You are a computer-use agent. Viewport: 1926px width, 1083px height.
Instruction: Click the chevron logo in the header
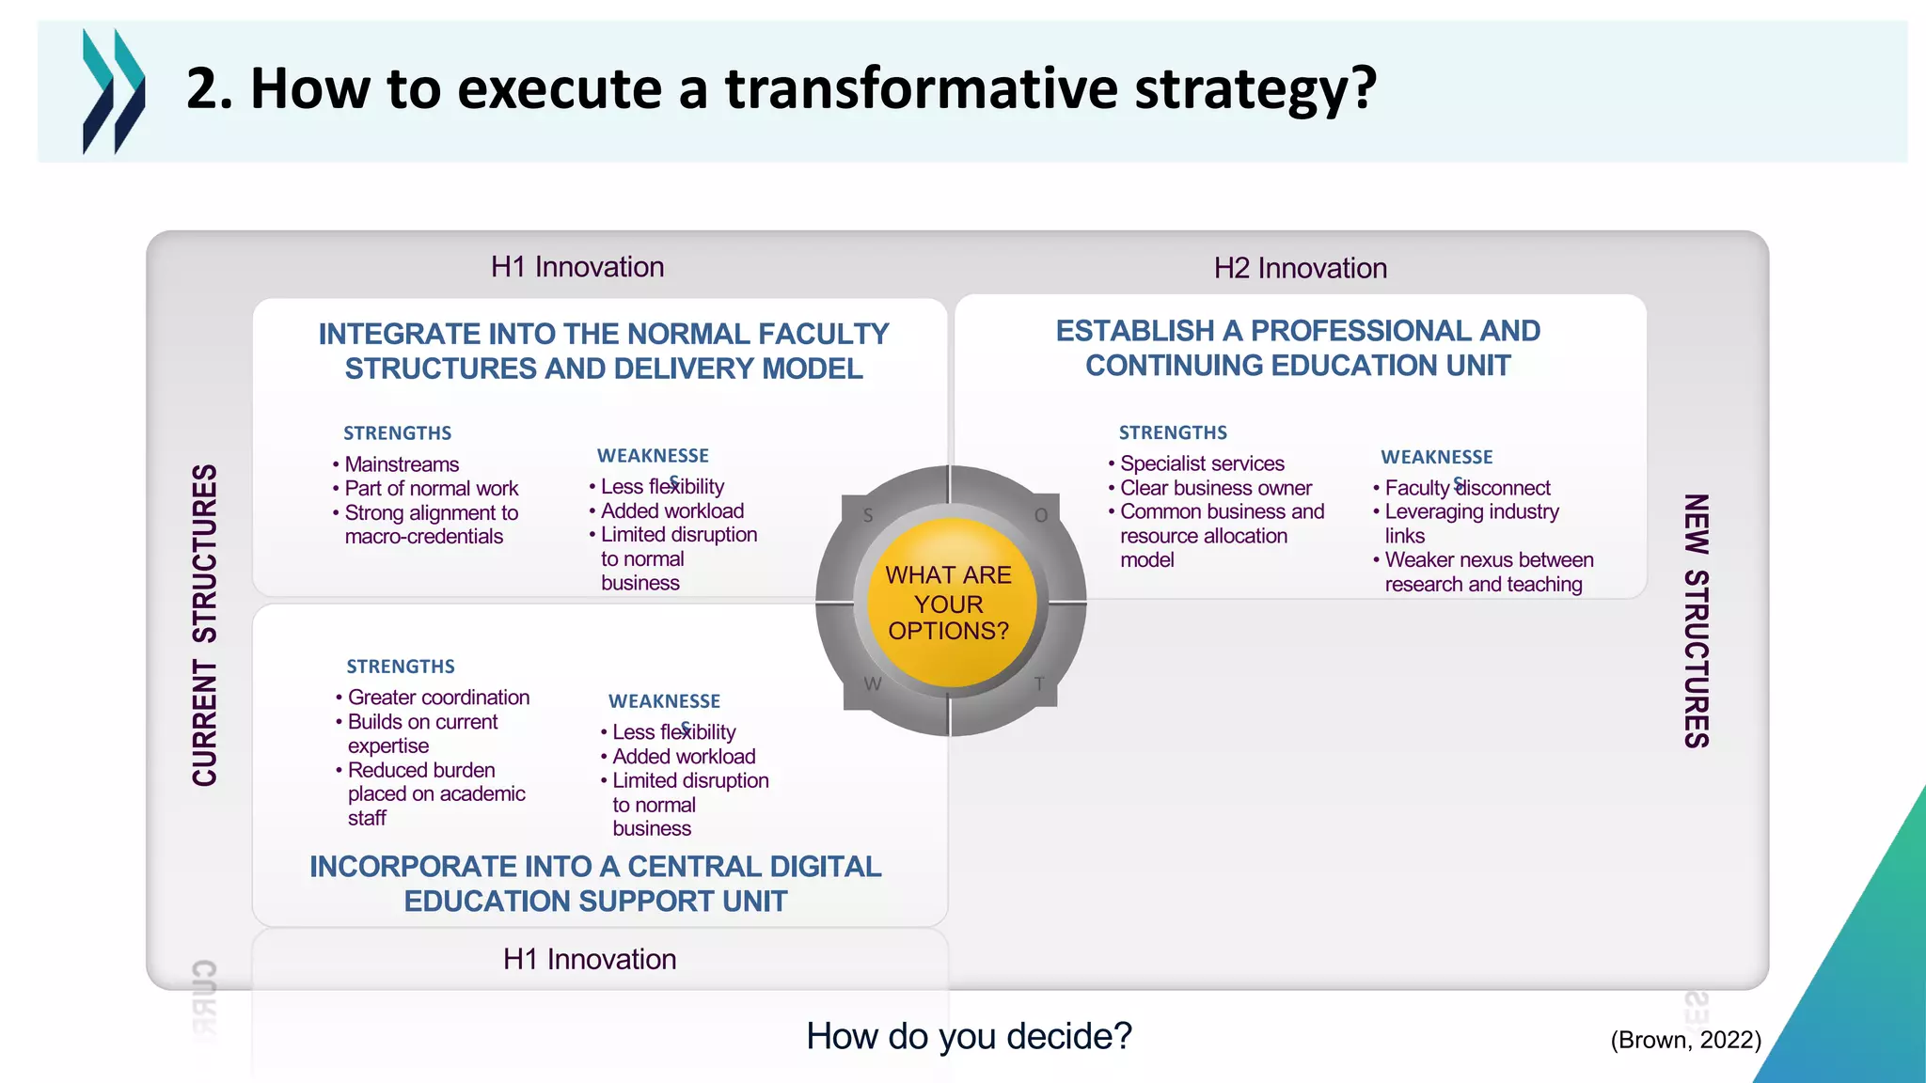pyautogui.click(x=114, y=91)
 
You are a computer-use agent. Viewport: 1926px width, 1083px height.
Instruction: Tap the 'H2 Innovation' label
pyautogui.click(x=1300, y=269)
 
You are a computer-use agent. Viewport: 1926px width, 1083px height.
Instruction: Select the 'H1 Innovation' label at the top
pyautogui.click(x=576, y=267)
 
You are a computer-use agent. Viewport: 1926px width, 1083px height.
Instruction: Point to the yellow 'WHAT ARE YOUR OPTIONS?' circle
pyautogui.click(x=948, y=603)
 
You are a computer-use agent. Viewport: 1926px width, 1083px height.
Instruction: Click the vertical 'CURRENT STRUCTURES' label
pyautogui.click(x=205, y=624)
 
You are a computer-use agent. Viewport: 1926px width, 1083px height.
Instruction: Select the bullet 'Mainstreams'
pyautogui.click(x=402, y=464)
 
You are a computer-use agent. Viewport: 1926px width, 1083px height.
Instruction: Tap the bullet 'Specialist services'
pyautogui.click(x=1201, y=463)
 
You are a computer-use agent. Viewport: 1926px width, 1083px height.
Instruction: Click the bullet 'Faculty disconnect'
pyautogui.click(x=1466, y=488)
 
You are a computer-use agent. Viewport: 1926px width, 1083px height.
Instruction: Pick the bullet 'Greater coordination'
pyautogui.click(x=438, y=698)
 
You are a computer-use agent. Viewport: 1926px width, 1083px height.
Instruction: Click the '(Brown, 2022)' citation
pyautogui.click(x=1685, y=1040)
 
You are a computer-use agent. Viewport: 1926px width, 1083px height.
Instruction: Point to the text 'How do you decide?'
pyautogui.click(x=969, y=1036)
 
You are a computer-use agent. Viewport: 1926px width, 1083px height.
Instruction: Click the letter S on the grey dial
pyautogui.click(x=868, y=515)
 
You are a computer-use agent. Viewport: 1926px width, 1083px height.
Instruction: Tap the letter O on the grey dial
pyautogui.click(x=1041, y=515)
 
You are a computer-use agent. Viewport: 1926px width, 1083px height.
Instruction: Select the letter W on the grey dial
pyautogui.click(x=873, y=684)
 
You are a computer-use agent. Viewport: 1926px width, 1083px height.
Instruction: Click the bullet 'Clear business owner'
pyautogui.click(x=1215, y=488)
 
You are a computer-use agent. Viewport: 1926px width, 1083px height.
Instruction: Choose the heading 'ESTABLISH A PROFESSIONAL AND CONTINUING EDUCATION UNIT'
pyautogui.click(x=1298, y=348)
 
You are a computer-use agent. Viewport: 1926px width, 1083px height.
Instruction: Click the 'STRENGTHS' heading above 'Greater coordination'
pyautogui.click(x=401, y=667)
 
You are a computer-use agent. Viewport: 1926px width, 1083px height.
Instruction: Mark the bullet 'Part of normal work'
pyautogui.click(x=431, y=489)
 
